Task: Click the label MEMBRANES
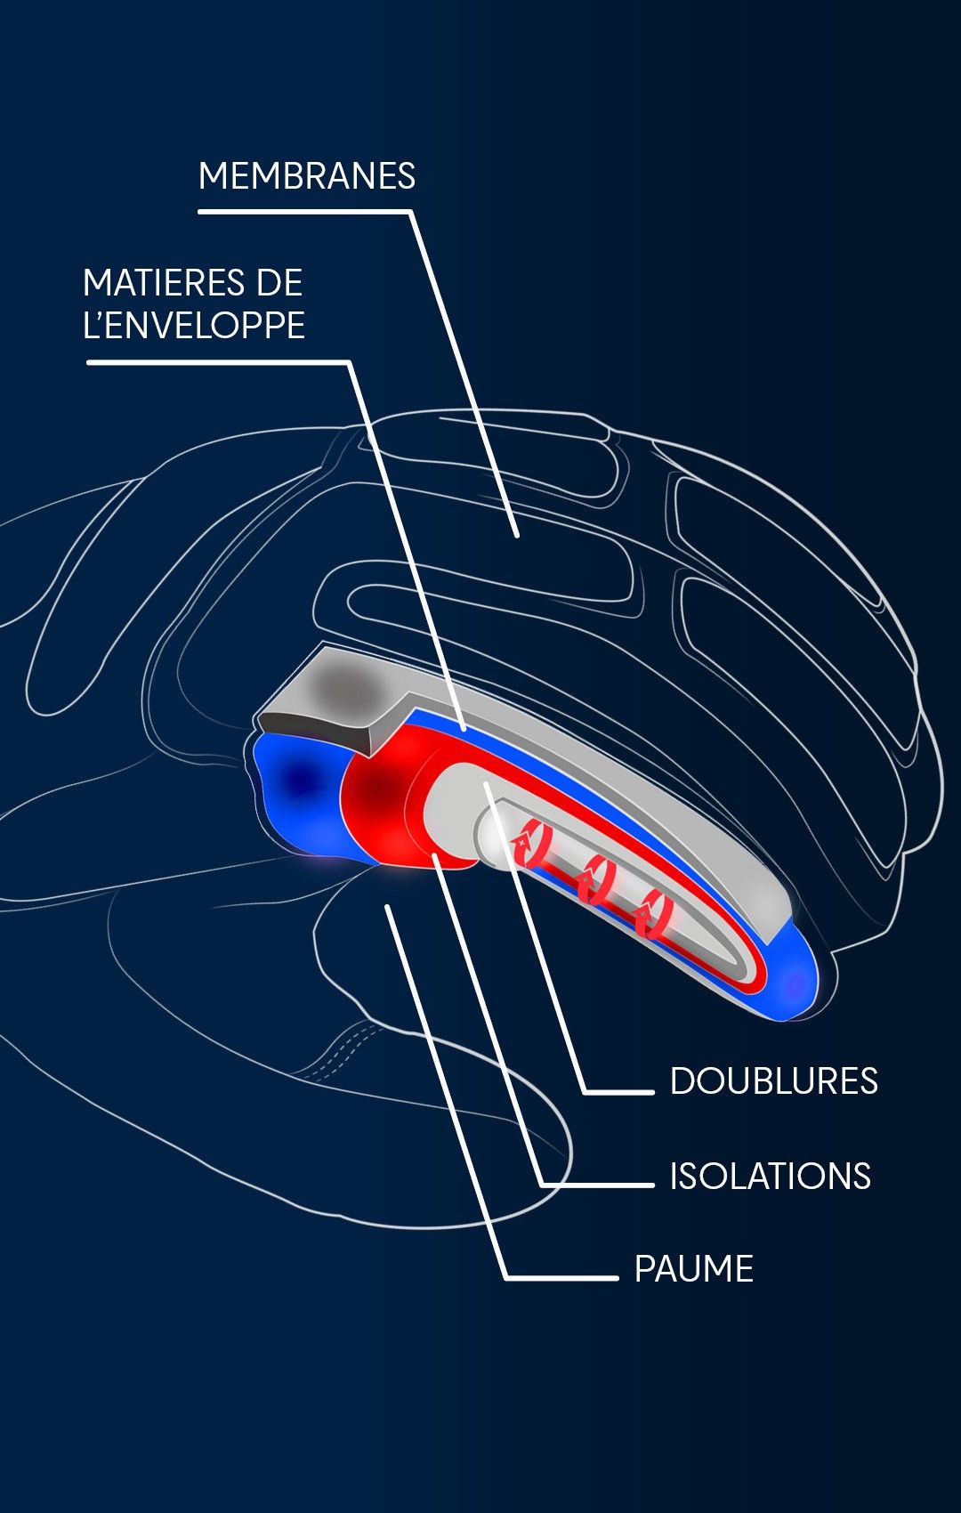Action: (x=306, y=176)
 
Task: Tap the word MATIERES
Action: (x=162, y=283)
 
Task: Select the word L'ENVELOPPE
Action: (x=193, y=325)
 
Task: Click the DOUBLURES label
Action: (x=773, y=1081)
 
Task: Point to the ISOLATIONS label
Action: (x=770, y=1176)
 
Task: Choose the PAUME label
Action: (x=693, y=1269)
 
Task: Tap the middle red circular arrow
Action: (x=594, y=881)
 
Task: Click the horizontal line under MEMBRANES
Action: (x=303, y=212)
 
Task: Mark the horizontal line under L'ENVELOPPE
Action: (x=214, y=362)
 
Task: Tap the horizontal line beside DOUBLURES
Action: (x=619, y=1091)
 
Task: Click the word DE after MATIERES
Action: (x=279, y=283)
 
